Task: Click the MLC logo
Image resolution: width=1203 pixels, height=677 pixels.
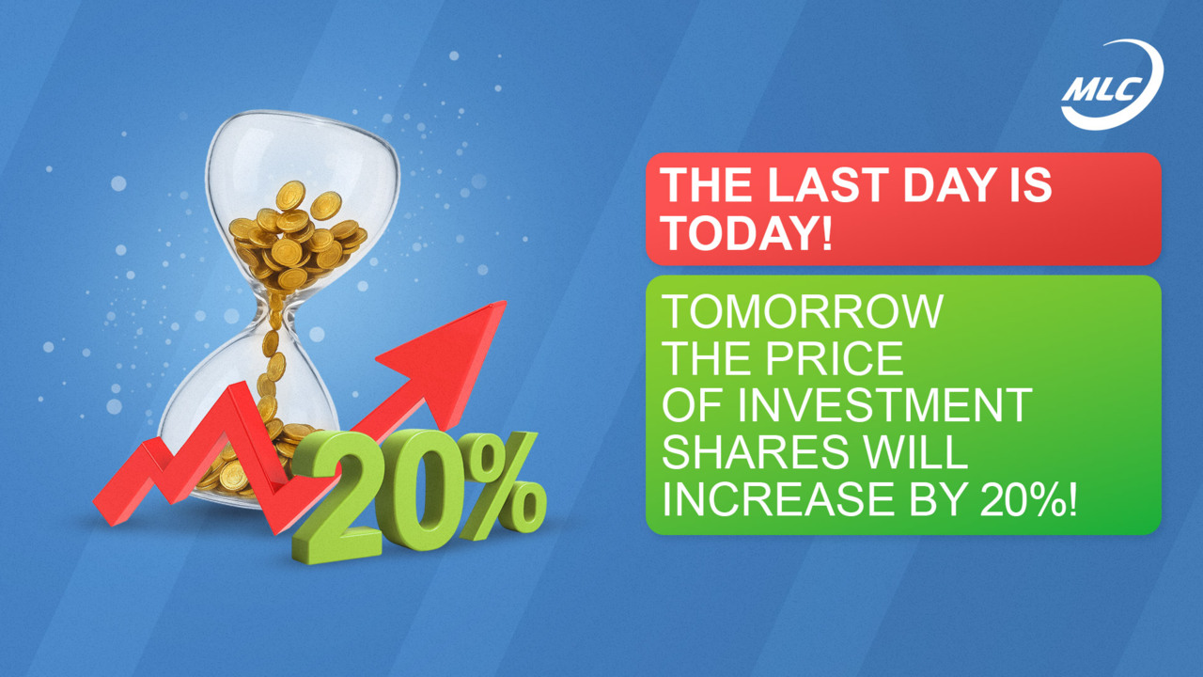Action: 1112,85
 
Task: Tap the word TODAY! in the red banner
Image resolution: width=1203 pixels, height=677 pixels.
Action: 747,231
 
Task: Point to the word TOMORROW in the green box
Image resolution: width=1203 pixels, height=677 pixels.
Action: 803,311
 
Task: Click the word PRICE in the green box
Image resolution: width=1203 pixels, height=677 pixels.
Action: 835,358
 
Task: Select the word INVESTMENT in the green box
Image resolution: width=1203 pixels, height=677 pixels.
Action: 884,405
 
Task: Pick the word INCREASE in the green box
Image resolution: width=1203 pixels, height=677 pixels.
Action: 775,499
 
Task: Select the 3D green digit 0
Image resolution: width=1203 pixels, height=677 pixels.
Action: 420,491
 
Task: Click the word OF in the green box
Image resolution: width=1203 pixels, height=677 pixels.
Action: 694,405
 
